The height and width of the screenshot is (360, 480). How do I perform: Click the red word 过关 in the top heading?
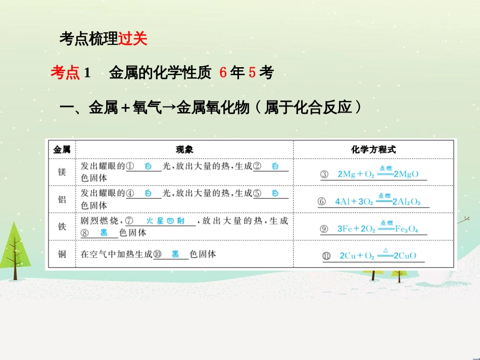pos(133,39)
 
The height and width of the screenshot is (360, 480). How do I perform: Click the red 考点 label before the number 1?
pos(65,73)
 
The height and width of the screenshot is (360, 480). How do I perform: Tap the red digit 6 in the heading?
pos(223,73)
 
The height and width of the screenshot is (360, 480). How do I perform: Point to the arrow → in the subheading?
pos(169,108)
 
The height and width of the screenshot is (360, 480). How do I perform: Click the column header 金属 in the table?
pos(62,149)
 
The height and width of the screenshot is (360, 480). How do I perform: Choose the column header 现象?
pos(184,149)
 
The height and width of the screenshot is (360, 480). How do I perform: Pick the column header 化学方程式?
pos(373,149)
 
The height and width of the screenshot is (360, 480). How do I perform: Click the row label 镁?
pos(62,172)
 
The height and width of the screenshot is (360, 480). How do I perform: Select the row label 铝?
pos(62,199)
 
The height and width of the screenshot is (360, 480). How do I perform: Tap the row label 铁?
pos(62,227)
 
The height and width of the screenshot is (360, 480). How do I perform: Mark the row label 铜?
pos(62,254)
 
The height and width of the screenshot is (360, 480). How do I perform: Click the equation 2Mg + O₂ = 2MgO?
pos(378,174)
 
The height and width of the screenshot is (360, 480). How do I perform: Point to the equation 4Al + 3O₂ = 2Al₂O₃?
pos(381,201)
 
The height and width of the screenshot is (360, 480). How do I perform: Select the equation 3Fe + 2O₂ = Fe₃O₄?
pos(377,228)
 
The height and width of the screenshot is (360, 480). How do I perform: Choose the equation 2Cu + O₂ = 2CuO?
pos(377,255)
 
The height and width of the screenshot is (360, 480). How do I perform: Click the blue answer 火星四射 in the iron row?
pos(165,221)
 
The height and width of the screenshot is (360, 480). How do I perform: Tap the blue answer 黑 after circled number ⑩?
pos(175,254)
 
